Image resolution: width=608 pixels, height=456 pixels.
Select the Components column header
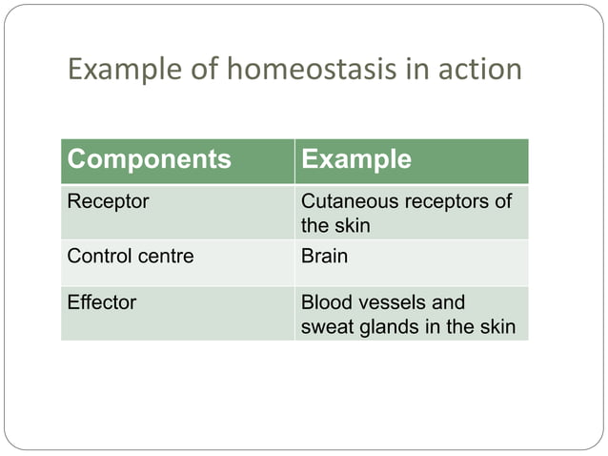pos(149,159)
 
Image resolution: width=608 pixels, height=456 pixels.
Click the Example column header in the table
pos(355,159)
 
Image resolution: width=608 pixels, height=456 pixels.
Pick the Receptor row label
pos(102,201)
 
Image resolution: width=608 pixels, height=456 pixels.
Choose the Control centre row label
pos(130,256)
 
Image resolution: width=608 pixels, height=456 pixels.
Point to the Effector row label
pos(101,302)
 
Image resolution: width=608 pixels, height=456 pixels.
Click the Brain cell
pos(324,256)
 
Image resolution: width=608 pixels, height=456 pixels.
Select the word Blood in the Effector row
pos(324,302)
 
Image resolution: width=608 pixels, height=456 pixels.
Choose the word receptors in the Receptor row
pos(445,201)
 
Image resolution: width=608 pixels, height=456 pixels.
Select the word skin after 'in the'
pos(497,327)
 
